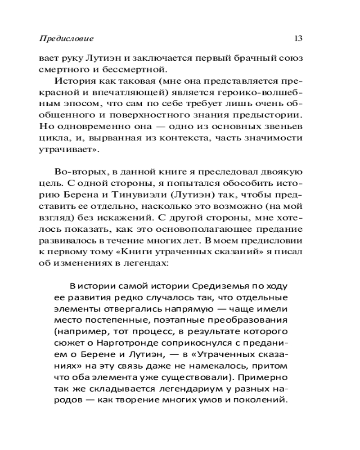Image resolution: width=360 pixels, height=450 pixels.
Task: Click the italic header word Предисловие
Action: click(66, 39)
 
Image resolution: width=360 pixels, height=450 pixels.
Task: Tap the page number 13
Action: click(297, 39)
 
